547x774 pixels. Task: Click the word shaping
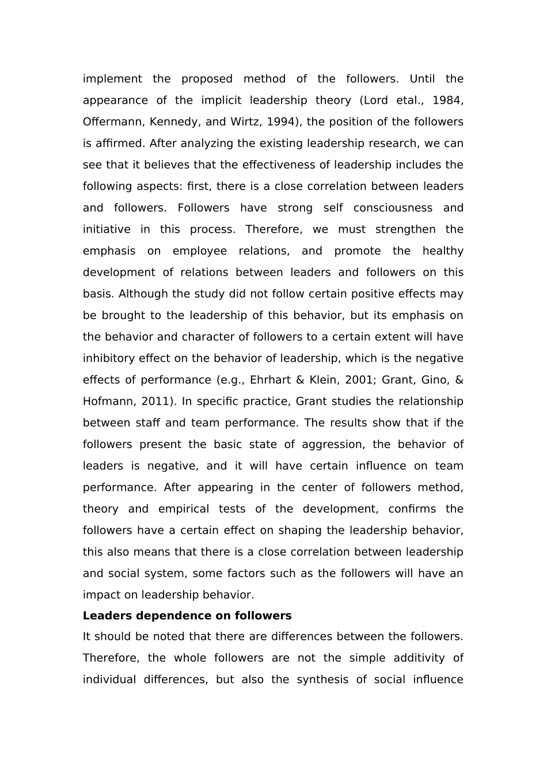coord(300,530)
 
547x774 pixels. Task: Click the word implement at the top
coord(112,79)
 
